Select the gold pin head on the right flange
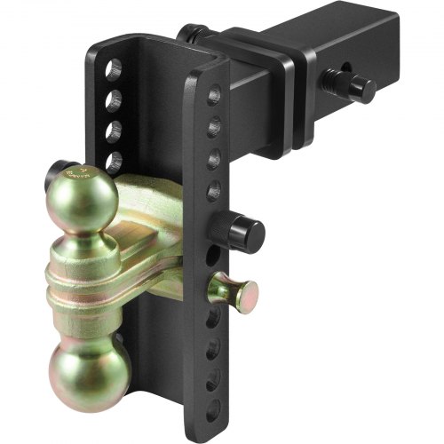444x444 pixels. [x=238, y=290]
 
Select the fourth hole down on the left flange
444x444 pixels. [x=115, y=162]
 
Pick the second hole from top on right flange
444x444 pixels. [x=214, y=130]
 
